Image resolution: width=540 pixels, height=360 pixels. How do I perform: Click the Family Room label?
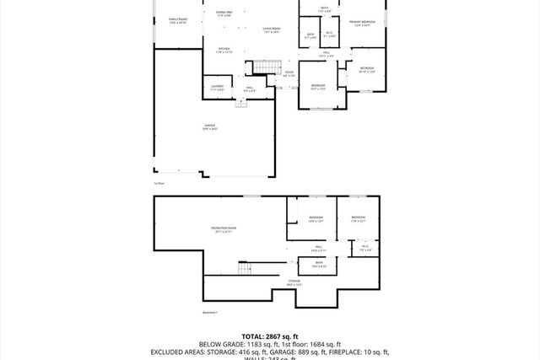pyautogui.click(x=178, y=19)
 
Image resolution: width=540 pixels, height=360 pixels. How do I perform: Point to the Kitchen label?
pyautogui.click(x=224, y=51)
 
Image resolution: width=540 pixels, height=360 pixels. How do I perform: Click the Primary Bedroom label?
pyautogui.click(x=363, y=24)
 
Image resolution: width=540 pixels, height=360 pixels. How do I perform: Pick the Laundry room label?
pyautogui.click(x=217, y=88)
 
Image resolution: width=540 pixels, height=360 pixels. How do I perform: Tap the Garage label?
pyautogui.click(x=210, y=127)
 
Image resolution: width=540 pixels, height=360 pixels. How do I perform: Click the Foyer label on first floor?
pyautogui.click(x=289, y=73)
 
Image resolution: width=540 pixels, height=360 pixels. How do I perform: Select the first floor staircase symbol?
pyautogui.click(x=267, y=68)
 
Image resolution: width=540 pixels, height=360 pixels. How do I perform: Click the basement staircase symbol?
pyautogui.click(x=246, y=269)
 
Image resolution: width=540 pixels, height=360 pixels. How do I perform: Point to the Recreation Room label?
pyautogui.click(x=224, y=229)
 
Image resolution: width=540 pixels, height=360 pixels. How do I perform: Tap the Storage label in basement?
pyautogui.click(x=294, y=282)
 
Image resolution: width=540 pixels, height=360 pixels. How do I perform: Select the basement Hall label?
pyautogui.click(x=319, y=249)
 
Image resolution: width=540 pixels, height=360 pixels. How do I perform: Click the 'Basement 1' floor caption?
pyautogui.click(x=210, y=313)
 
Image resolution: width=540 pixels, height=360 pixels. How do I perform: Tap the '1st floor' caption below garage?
pyautogui.click(x=159, y=183)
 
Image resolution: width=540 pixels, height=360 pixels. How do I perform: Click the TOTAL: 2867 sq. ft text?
pyautogui.click(x=269, y=336)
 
